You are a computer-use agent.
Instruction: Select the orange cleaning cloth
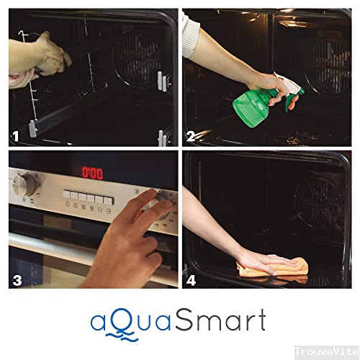[272, 269]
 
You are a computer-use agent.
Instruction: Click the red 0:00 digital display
[92, 173]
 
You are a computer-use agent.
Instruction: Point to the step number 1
[16, 136]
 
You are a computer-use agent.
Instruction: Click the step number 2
[191, 136]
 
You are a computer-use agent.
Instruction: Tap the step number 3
[17, 281]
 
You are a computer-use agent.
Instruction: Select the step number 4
[191, 281]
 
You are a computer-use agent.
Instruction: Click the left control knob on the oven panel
[24, 184]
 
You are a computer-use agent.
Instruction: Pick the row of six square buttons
[89, 197]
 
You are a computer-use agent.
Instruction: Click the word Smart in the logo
[220, 320]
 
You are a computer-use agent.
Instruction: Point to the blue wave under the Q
[122, 336]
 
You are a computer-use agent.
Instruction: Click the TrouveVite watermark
[327, 351]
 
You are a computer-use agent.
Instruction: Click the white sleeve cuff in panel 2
[191, 35]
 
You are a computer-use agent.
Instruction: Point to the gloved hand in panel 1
[52, 54]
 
